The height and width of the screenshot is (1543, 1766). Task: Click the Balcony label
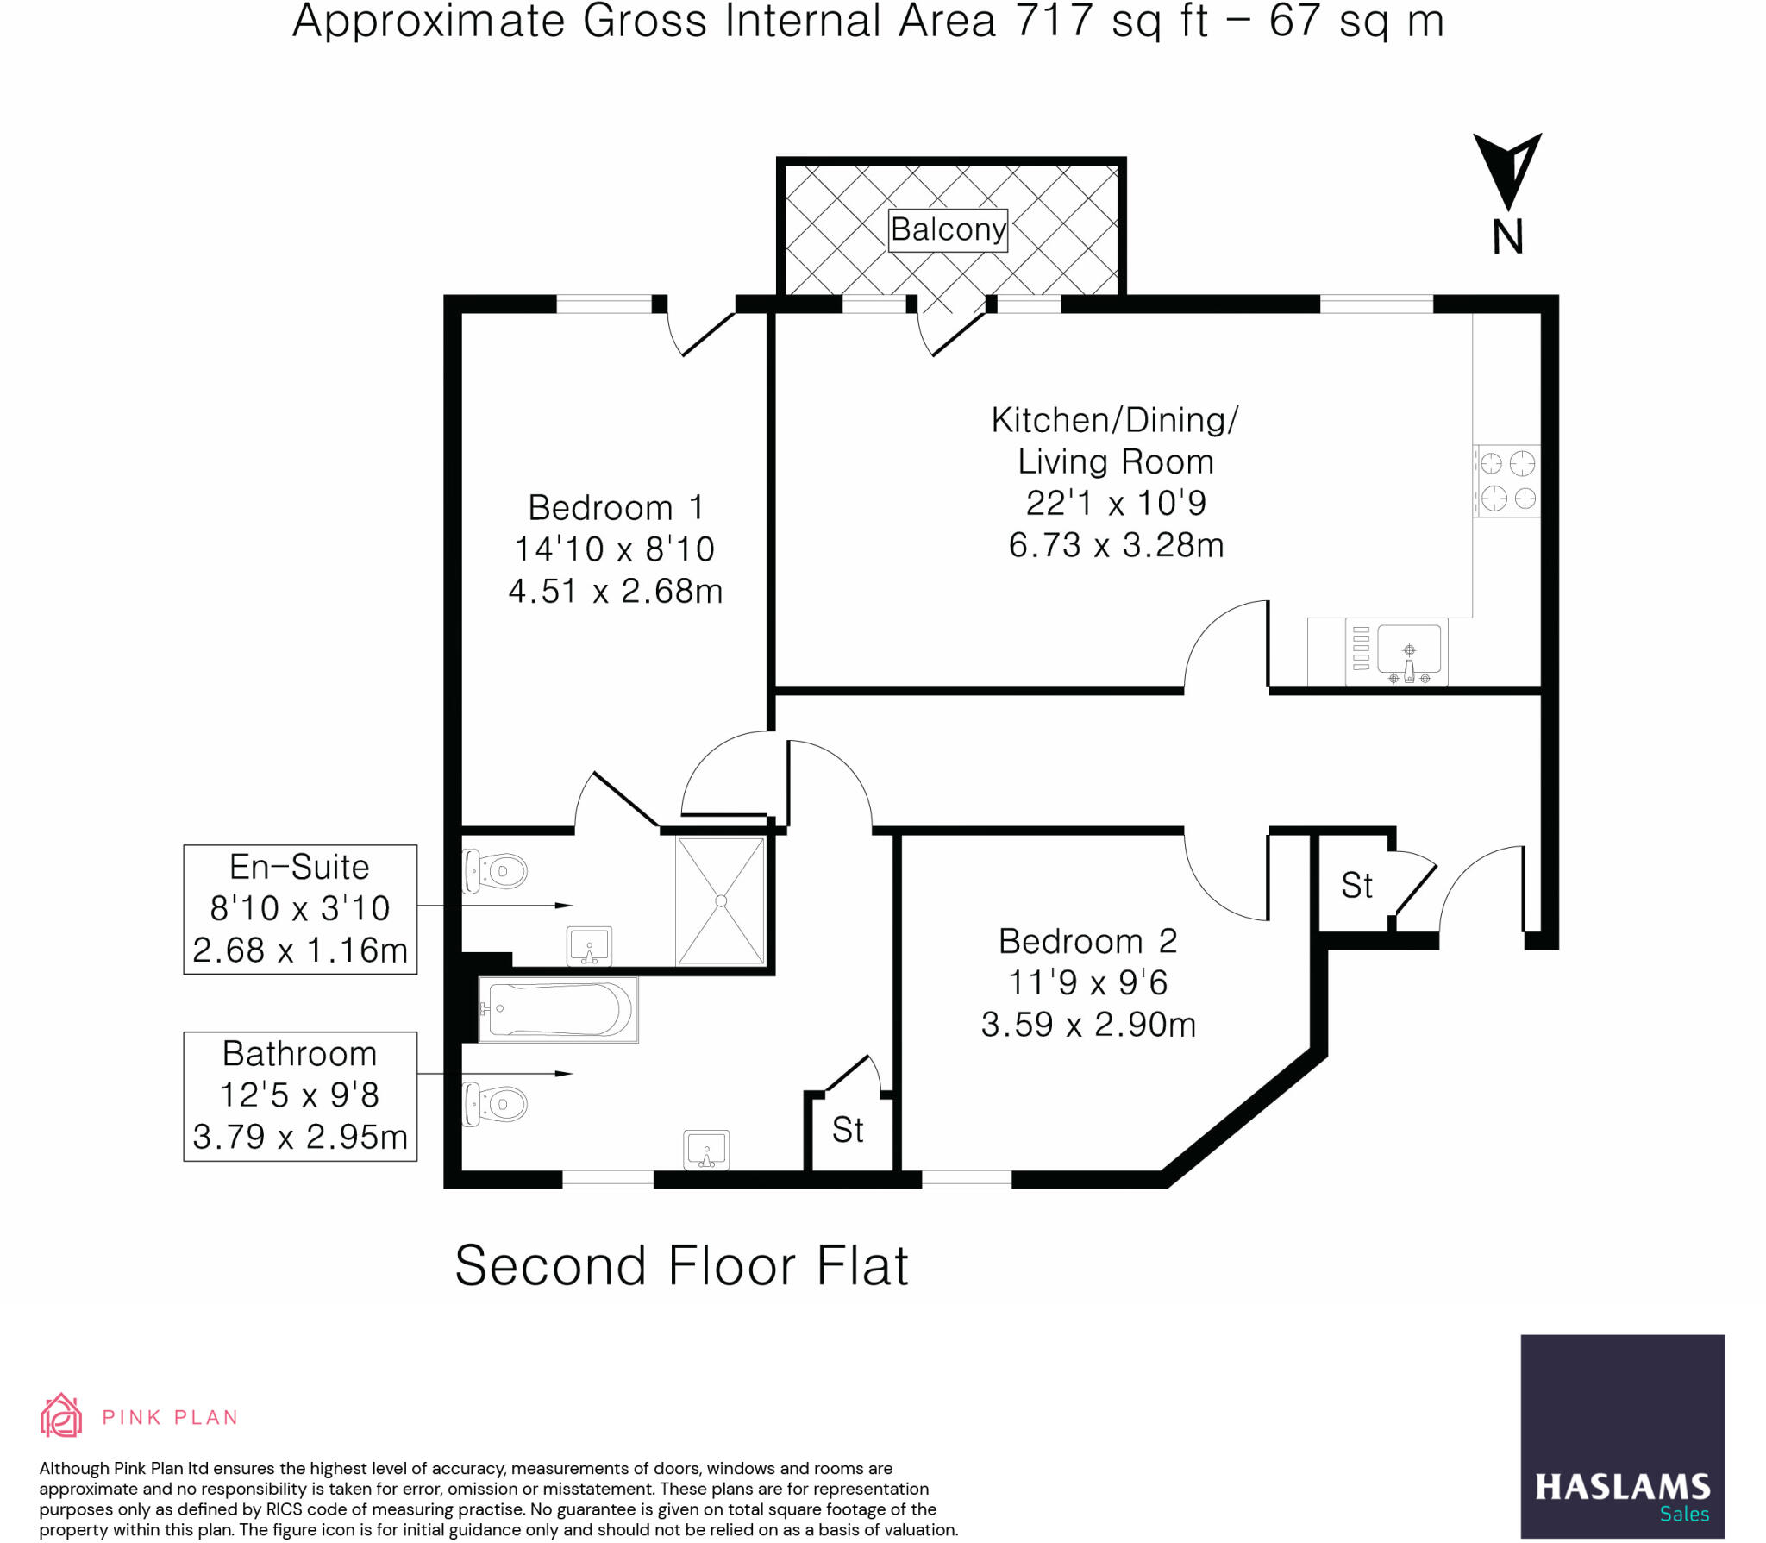point(948,229)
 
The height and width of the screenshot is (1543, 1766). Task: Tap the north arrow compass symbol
point(1506,172)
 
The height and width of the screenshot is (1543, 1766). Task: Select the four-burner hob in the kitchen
point(1507,481)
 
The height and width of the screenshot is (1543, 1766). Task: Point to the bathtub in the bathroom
point(558,1009)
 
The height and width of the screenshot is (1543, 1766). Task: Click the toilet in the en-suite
point(496,871)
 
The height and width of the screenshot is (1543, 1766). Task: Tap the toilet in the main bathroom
point(496,1104)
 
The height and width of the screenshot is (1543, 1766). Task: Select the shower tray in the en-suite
point(721,900)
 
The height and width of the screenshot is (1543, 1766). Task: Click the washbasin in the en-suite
point(590,946)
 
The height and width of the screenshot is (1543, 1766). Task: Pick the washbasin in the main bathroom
point(706,1150)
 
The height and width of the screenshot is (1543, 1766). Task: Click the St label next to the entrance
point(1356,886)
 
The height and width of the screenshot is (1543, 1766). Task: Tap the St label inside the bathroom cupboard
point(848,1130)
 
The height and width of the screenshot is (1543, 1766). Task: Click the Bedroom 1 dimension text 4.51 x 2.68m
point(616,592)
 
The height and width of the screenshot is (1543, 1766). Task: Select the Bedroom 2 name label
point(1088,941)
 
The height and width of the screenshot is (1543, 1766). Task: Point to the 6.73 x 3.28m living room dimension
point(1116,545)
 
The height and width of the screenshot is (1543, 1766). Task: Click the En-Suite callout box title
point(299,867)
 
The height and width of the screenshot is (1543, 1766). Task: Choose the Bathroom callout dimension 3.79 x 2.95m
point(300,1137)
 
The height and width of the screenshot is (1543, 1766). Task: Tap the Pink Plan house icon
point(61,1415)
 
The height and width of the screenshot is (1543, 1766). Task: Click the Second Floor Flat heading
point(681,1266)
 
